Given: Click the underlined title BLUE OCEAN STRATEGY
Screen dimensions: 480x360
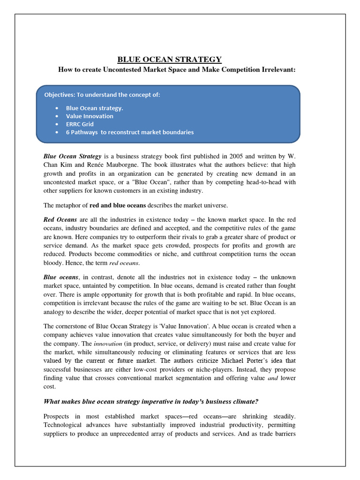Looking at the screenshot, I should click(x=169, y=60).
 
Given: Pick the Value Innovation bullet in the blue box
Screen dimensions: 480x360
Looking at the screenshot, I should click(x=89, y=116).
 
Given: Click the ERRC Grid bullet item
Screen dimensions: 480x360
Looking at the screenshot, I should click(x=80, y=124).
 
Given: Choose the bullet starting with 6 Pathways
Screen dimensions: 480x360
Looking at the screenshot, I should click(x=129, y=132).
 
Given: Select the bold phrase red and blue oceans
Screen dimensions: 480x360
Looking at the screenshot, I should click(x=119, y=205).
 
